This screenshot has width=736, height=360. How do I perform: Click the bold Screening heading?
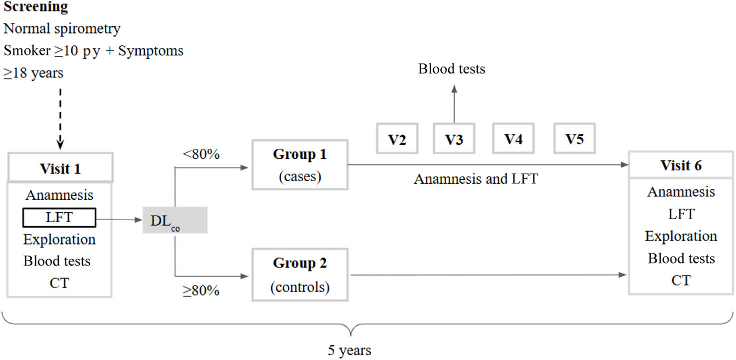click(x=36, y=7)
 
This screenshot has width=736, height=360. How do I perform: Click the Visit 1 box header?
click(x=60, y=169)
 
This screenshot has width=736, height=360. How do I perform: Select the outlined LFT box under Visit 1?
click(x=59, y=218)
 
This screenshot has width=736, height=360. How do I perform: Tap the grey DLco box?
click(x=175, y=220)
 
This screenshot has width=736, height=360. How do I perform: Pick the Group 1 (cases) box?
click(x=300, y=164)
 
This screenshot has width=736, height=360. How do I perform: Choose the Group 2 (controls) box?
click(x=300, y=274)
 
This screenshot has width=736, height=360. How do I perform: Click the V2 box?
click(x=397, y=138)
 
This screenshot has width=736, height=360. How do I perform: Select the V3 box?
click(x=454, y=138)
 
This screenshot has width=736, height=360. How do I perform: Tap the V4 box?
click(x=513, y=138)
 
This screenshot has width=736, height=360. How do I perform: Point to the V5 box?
click(x=574, y=138)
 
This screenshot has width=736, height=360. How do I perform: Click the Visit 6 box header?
click(x=681, y=165)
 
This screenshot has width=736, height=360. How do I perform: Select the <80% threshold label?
click(x=202, y=154)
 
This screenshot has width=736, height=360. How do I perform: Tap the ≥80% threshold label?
click(x=201, y=291)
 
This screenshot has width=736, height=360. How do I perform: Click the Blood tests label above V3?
click(x=452, y=69)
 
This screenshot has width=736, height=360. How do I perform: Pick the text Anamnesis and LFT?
click(x=476, y=178)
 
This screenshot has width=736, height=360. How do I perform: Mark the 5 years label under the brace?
click(x=349, y=351)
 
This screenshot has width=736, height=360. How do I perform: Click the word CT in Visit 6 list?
click(x=681, y=281)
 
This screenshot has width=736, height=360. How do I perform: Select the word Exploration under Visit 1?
click(x=59, y=239)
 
